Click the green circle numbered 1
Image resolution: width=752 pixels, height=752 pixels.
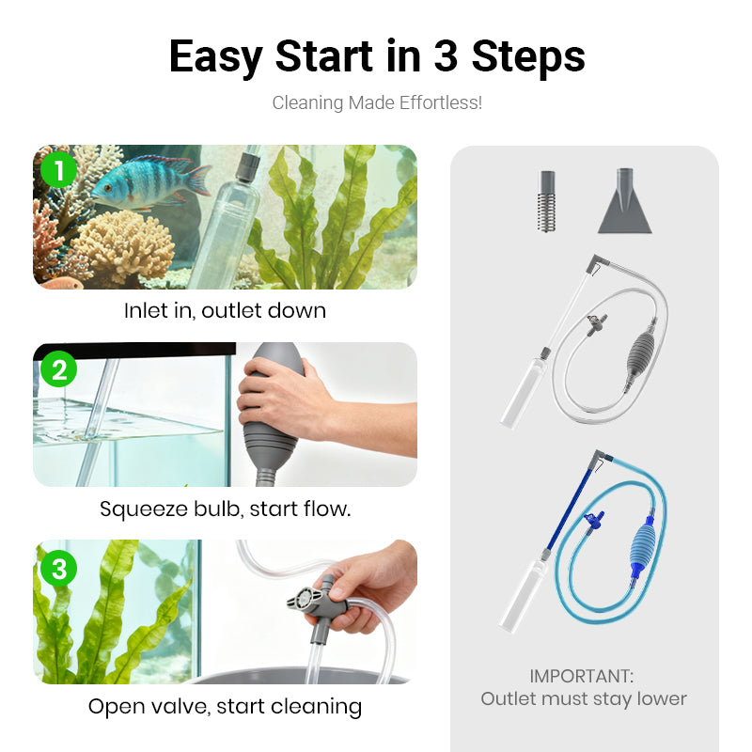click(x=58, y=170)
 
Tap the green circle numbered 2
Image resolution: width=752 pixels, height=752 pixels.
click(x=58, y=368)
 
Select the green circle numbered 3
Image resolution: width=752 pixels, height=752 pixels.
click(x=58, y=569)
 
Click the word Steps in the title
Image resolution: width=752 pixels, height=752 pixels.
click(x=528, y=57)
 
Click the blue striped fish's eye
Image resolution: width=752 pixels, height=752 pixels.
click(x=108, y=187)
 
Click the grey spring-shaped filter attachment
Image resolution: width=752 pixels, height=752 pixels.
click(x=546, y=201)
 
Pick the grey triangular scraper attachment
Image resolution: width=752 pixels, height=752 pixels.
click(x=624, y=201)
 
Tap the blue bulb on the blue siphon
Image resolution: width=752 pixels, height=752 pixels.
click(x=641, y=547)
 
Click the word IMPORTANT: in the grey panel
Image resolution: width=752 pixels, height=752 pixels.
click(x=581, y=676)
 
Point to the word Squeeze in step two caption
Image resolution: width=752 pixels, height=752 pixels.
click(x=144, y=509)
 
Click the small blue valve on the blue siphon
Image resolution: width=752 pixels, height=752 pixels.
click(x=594, y=520)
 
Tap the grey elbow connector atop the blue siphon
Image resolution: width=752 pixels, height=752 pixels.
click(x=600, y=457)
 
